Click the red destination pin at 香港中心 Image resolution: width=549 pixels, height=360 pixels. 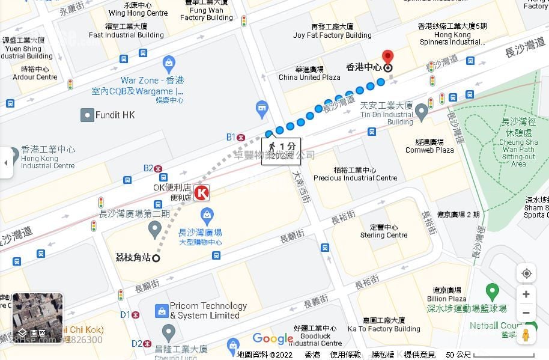click(x=387, y=58)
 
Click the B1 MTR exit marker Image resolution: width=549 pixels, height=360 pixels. click(x=241, y=137)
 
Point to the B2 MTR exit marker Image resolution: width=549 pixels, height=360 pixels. click(x=158, y=169)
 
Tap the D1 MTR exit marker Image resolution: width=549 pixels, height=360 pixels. click(x=136, y=314)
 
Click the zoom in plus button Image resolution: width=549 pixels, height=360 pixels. click(x=526, y=294)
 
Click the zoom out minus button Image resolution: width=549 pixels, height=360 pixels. click(x=526, y=313)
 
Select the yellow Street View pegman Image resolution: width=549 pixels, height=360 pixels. click(x=526, y=335)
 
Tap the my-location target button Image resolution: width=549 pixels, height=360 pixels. click(x=526, y=273)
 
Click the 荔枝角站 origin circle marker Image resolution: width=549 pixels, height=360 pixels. click(x=156, y=258)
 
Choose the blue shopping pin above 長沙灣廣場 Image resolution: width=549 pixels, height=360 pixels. click(x=207, y=213)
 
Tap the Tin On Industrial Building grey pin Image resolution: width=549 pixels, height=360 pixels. click(x=422, y=111)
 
